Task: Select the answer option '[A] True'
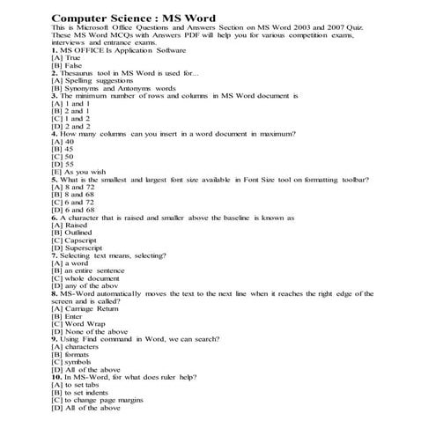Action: click(x=70, y=58)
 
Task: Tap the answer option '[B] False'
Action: click(x=70, y=65)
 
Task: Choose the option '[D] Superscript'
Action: click(x=82, y=248)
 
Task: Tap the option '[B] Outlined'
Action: click(x=77, y=233)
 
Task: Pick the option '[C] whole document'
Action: click(x=87, y=278)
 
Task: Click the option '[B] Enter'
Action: click(x=70, y=316)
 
